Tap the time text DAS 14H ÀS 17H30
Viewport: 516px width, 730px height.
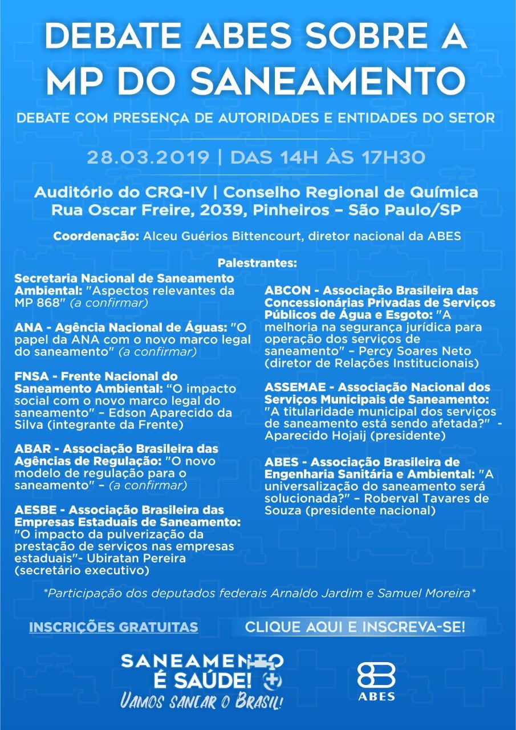point(328,157)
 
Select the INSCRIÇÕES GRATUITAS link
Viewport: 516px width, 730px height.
point(113,627)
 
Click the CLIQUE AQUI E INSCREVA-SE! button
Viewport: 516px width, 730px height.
point(355,627)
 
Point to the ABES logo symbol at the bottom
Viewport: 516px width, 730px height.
point(376,676)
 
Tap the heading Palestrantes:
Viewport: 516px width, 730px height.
point(258,263)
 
